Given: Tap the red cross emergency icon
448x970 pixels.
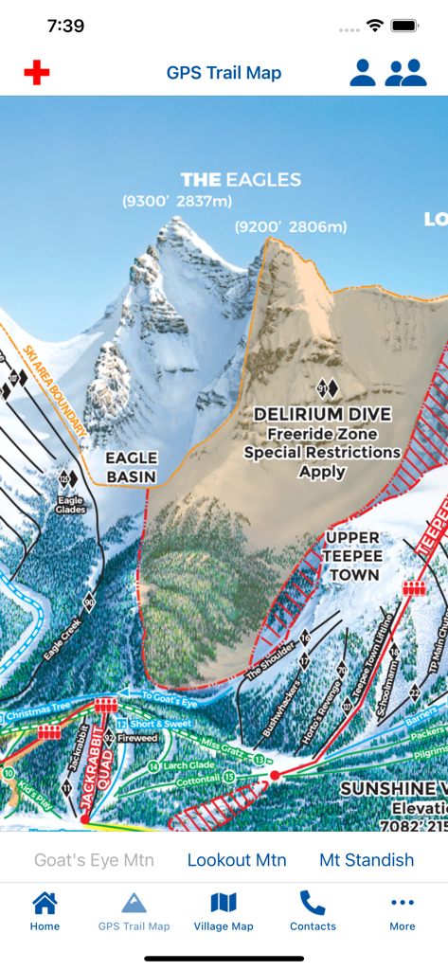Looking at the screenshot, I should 37,73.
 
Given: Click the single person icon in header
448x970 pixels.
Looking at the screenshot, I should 363,73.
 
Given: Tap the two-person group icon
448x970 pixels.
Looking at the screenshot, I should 405,73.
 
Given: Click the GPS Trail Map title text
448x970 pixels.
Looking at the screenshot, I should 224,73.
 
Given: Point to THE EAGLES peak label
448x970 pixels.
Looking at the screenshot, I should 241,179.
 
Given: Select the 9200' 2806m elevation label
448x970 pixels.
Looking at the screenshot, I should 291,227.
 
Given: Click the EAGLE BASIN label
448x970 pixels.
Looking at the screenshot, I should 131,467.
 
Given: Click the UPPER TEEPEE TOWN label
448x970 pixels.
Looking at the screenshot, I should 352,556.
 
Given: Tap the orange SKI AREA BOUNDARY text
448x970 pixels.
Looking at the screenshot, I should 57,393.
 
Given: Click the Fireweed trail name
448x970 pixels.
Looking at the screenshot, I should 136,737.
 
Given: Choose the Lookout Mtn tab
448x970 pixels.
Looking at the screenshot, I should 236,860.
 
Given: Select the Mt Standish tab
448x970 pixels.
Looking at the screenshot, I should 367,860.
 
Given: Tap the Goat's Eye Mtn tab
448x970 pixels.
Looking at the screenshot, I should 94,860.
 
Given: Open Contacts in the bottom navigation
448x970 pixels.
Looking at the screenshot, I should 313,910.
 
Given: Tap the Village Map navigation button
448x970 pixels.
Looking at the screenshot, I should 224,910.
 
